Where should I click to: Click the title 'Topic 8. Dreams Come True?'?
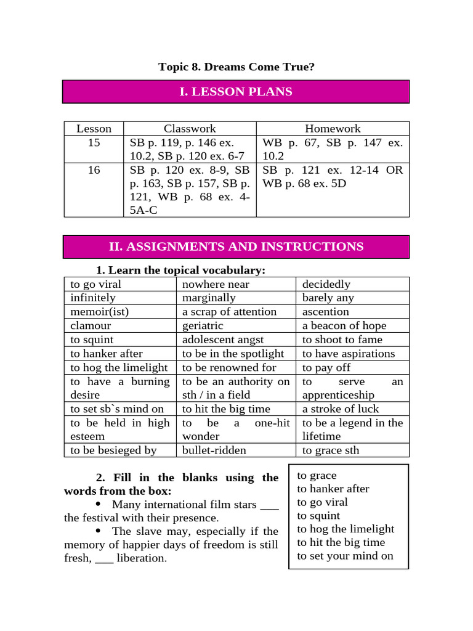[x=236, y=67]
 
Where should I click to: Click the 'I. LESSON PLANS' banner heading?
[x=236, y=92]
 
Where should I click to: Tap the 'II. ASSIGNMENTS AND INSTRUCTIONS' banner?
[x=236, y=246]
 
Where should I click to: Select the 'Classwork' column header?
[x=190, y=129]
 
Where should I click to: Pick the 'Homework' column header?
[x=333, y=129]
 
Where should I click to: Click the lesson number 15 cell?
[x=94, y=142]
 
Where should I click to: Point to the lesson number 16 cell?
[x=94, y=169]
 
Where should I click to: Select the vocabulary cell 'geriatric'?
[x=203, y=326]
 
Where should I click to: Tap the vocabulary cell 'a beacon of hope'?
[x=344, y=326]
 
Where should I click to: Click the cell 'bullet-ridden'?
[x=214, y=450]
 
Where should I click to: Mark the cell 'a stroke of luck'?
[x=341, y=409]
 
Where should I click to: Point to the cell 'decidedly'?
[x=326, y=284]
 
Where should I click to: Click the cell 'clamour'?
[x=91, y=326]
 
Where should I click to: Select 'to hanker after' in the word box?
[x=333, y=489]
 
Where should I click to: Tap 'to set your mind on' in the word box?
[x=345, y=556]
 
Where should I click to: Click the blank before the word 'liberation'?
[x=105, y=558]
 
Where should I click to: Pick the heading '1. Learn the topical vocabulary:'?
[x=180, y=271]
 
